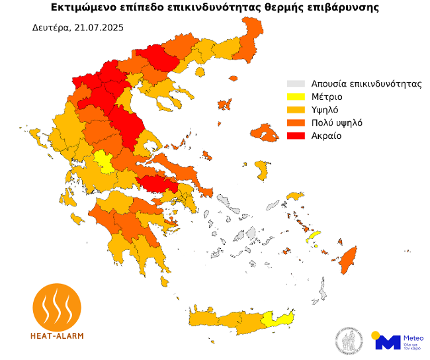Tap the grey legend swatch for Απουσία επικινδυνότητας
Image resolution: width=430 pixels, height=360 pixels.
tap(295, 84)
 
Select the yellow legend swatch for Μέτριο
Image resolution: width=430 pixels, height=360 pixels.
tap(295, 97)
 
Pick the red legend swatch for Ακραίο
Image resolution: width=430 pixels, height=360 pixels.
tap(295, 136)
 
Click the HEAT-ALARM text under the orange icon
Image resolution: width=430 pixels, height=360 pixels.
tap(57, 336)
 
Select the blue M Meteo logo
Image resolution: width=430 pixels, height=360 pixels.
tap(388, 341)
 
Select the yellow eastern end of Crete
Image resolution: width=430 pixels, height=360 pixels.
tap(278, 320)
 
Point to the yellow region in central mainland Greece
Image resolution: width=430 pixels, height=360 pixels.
tap(103, 160)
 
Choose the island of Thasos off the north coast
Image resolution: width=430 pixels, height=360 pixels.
tap(199, 71)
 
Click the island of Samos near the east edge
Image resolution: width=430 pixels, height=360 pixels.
tap(294, 197)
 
